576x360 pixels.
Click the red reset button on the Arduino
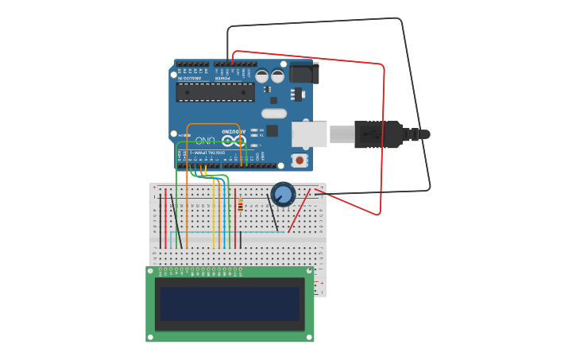[300, 161]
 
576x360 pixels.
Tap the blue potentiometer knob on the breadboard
[283, 193]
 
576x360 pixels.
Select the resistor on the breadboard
[241, 206]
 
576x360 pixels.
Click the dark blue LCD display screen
[230, 304]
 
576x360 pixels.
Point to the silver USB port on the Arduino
[309, 134]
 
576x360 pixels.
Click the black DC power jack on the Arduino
[303, 73]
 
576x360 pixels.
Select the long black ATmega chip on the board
[215, 92]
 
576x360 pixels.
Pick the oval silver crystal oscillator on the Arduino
[273, 114]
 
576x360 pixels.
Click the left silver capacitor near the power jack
[262, 76]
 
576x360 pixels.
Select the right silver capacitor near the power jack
[278, 76]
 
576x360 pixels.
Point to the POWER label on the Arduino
[222, 78]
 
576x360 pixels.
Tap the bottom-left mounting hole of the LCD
[150, 338]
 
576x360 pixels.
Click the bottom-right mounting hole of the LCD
[310, 338]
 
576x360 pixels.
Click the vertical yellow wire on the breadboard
[215, 215]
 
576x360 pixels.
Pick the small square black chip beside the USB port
[272, 130]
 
